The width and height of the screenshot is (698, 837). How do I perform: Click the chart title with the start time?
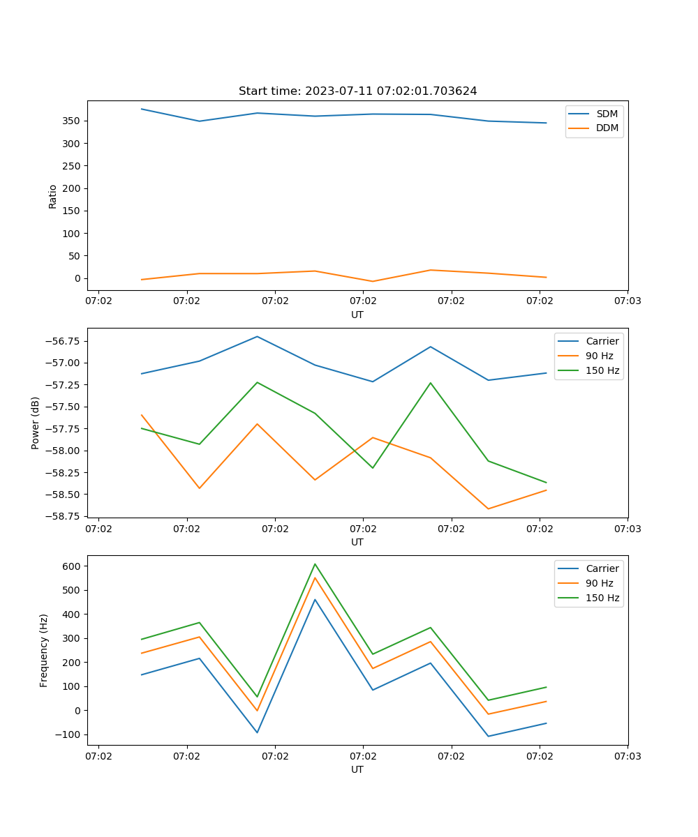coord(357,91)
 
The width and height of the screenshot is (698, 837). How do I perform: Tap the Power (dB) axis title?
coord(36,423)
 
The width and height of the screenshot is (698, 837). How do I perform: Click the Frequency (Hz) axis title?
coord(44,650)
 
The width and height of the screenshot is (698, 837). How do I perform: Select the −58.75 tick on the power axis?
coord(63,517)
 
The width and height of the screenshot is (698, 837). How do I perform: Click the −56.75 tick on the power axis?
coord(63,341)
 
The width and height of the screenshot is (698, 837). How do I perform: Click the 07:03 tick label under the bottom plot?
coord(627,755)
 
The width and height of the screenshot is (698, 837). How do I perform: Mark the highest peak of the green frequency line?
coord(315,564)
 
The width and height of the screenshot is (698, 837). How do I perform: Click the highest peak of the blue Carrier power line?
coord(257,336)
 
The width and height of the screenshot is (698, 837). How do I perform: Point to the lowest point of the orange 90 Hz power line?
coord(488,508)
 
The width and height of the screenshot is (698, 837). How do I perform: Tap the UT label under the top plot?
coord(357,315)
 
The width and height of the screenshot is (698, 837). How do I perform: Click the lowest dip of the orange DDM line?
coord(373,281)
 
